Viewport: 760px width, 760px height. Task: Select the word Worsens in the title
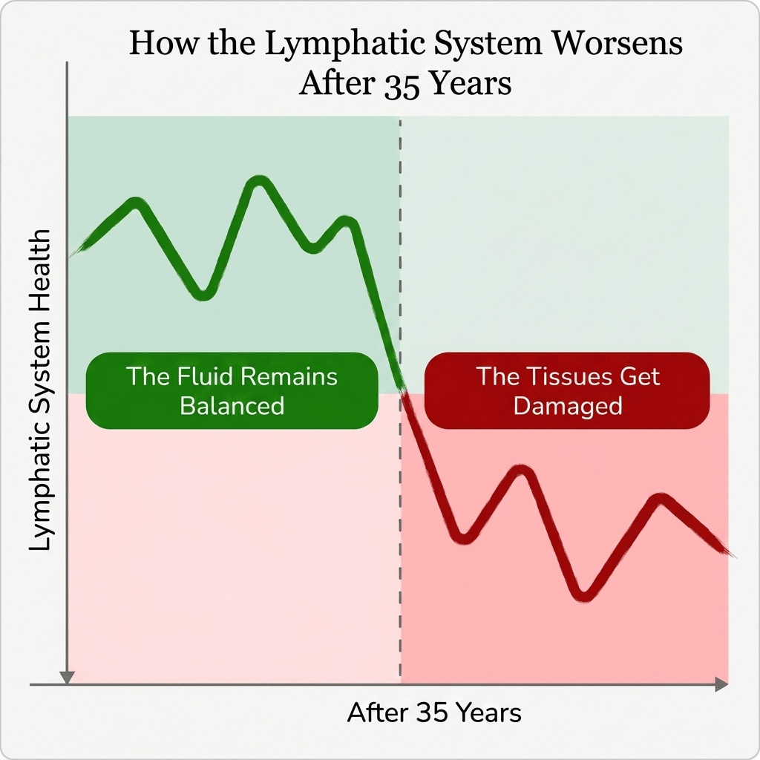pyautogui.click(x=618, y=42)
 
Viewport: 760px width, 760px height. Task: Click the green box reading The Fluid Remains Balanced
pyautogui.click(x=232, y=390)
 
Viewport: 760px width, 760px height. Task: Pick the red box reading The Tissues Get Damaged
pyautogui.click(x=567, y=390)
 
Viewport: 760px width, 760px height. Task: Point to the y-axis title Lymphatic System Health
pyautogui.click(x=39, y=390)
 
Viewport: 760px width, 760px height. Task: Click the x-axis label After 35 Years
pyautogui.click(x=434, y=713)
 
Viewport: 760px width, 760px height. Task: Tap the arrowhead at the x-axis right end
pyautogui.click(x=722, y=684)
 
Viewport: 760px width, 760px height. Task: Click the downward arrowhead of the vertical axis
pyautogui.click(x=67, y=678)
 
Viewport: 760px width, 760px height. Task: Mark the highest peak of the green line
pyautogui.click(x=259, y=180)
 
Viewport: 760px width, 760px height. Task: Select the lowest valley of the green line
pyautogui.click(x=203, y=295)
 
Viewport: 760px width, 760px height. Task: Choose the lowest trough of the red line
pyautogui.click(x=583, y=596)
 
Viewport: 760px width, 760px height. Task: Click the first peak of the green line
pyautogui.click(x=135, y=202)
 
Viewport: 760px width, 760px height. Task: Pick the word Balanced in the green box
pyautogui.click(x=232, y=406)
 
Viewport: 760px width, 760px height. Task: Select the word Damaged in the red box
pyautogui.click(x=568, y=406)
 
